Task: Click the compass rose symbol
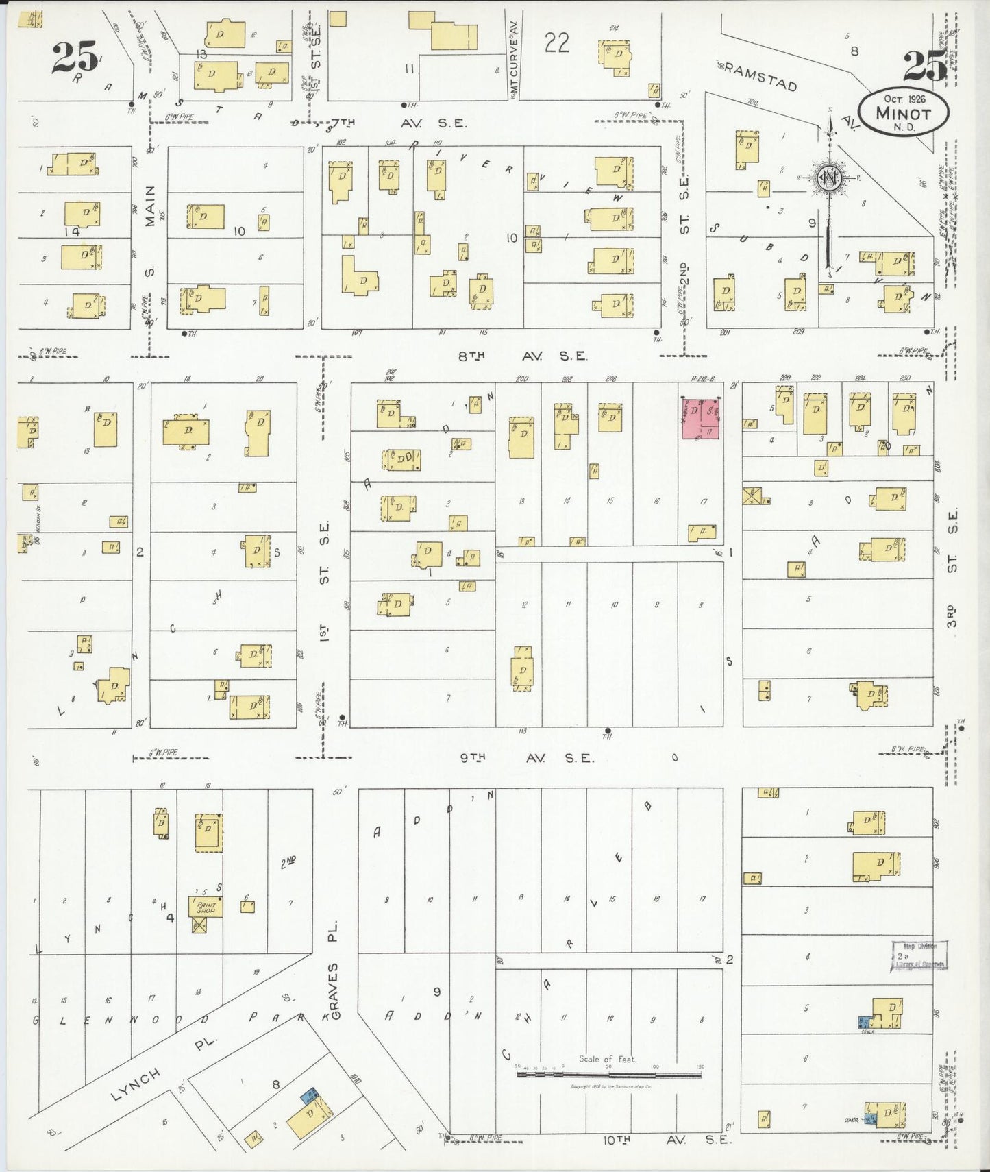830,179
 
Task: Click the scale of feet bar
608,1074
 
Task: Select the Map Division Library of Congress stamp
919,955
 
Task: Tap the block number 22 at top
556,43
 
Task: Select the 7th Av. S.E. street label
397,123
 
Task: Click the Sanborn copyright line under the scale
608,1086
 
